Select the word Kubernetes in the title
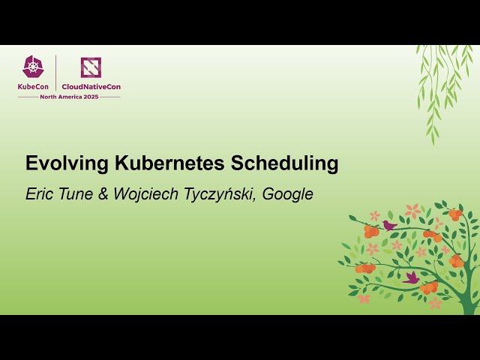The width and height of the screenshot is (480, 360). [x=157, y=163]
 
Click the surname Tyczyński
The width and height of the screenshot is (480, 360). [x=217, y=194]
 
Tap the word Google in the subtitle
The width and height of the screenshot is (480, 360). [x=288, y=194]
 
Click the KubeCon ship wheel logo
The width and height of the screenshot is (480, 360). [x=33, y=67]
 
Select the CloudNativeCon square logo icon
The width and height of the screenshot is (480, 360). [x=91, y=67]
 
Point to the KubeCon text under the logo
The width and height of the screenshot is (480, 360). [x=33, y=86]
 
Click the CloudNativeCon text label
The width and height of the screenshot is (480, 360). [x=91, y=86]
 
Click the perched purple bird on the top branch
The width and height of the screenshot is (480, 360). [x=388, y=224]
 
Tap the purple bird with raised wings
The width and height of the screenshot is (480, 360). [x=412, y=277]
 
